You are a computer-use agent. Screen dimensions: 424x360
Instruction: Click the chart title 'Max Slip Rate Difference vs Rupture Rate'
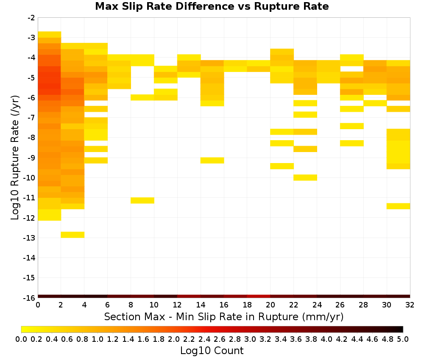212,6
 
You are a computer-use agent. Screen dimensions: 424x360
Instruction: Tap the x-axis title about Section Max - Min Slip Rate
223,316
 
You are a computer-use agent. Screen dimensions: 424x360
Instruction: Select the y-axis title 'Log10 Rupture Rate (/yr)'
15,158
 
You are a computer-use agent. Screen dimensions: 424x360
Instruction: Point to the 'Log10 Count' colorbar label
212,351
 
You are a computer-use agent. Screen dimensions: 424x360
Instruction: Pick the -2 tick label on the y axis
31,18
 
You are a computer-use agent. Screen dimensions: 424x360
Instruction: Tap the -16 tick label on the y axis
29,298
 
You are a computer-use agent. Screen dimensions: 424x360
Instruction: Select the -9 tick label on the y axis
31,158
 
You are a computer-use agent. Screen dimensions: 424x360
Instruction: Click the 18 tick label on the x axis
247,305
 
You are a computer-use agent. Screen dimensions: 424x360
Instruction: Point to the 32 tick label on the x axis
410,305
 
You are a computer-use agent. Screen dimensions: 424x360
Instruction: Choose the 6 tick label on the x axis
107,305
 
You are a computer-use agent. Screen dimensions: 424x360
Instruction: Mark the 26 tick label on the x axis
340,305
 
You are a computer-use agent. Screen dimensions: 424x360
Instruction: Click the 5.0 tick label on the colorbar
403,339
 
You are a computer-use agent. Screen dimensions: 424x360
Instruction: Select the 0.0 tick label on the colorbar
21,339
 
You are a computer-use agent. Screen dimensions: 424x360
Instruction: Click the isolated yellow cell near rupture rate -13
73,235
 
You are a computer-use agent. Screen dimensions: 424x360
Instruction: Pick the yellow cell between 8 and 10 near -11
142,200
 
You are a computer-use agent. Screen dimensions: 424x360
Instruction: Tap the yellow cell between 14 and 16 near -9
212,161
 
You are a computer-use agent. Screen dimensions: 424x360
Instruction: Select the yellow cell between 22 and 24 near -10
305,177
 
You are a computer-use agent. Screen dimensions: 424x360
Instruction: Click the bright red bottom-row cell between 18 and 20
259,296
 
